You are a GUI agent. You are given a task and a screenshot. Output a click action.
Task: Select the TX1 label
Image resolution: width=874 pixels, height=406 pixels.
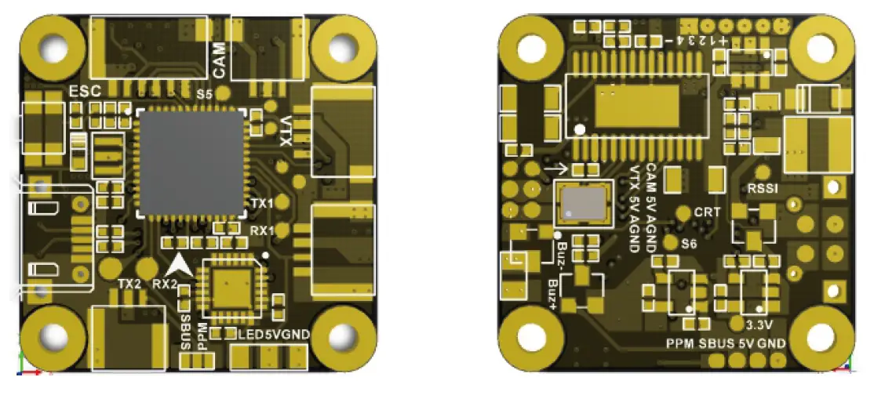(261, 204)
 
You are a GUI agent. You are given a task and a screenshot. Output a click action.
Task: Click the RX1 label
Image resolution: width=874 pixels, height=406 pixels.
(261, 231)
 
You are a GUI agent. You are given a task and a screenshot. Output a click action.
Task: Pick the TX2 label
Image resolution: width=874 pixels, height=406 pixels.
(129, 283)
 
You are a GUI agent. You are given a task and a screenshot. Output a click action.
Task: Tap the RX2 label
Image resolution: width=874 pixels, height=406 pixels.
(166, 283)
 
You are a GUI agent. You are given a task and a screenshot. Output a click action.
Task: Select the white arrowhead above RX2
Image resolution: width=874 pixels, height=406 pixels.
(180, 264)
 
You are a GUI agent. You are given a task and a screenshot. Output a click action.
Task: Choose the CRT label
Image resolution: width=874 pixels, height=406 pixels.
(707, 212)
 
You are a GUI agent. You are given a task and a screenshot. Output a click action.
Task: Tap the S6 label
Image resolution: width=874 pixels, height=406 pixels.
(690, 244)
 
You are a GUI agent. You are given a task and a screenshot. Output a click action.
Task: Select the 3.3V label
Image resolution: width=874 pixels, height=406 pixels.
(762, 325)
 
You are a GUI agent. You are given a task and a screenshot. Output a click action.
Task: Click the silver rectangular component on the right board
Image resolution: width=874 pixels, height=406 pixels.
(584, 202)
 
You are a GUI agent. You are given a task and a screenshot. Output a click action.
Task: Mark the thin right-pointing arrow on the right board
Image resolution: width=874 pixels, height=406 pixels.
(555, 168)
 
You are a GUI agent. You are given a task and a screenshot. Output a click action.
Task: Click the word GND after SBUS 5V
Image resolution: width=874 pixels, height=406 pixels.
(773, 343)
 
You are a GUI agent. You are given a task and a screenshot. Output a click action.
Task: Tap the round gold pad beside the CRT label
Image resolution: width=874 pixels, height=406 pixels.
(683, 212)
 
